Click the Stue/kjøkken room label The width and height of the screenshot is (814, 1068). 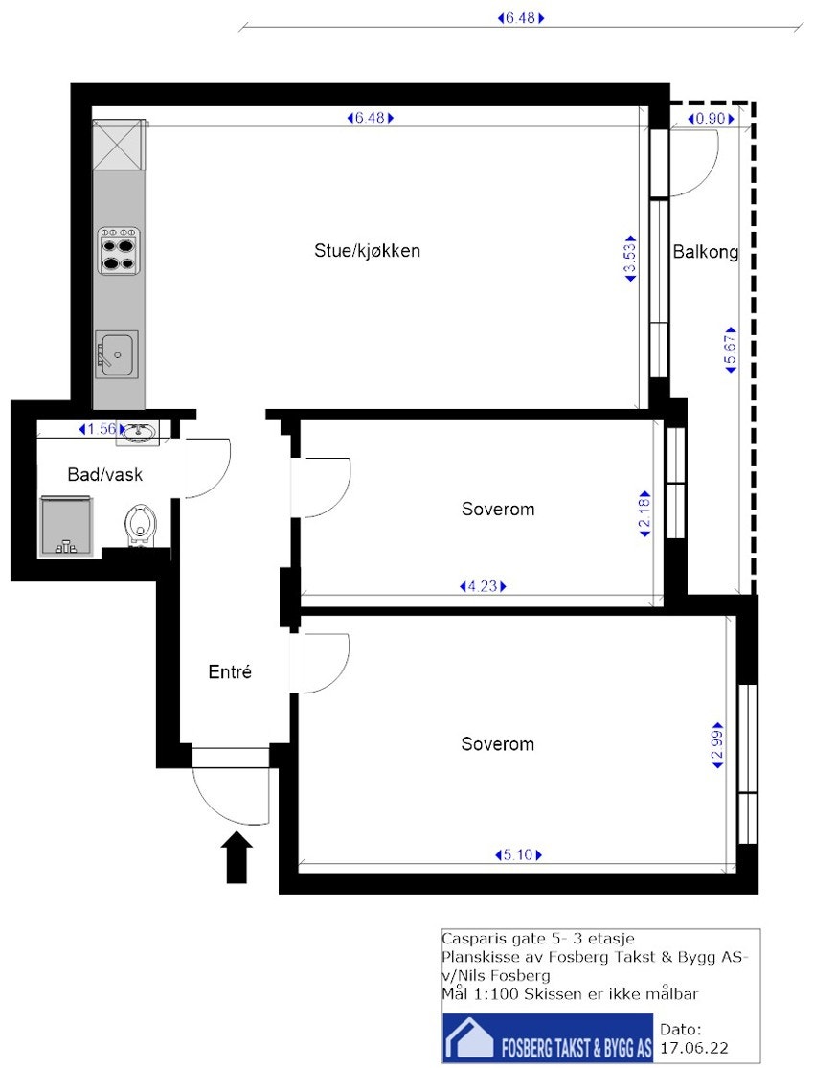pos(368,251)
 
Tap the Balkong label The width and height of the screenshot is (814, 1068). pos(705,253)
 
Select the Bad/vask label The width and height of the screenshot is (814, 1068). pos(105,474)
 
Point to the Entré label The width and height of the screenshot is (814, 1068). pos(230,672)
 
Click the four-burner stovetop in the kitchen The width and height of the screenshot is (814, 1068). pos(119,251)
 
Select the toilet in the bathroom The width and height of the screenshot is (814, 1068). pos(141,525)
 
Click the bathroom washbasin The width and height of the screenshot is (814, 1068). pos(140,434)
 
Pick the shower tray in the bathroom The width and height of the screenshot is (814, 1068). pos(64,527)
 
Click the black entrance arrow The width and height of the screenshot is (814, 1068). pos(237,856)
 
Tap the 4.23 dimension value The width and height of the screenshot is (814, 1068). pos(483,586)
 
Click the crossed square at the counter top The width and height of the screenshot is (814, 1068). pos(119,146)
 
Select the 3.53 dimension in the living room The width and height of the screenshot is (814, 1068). pos(629,258)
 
